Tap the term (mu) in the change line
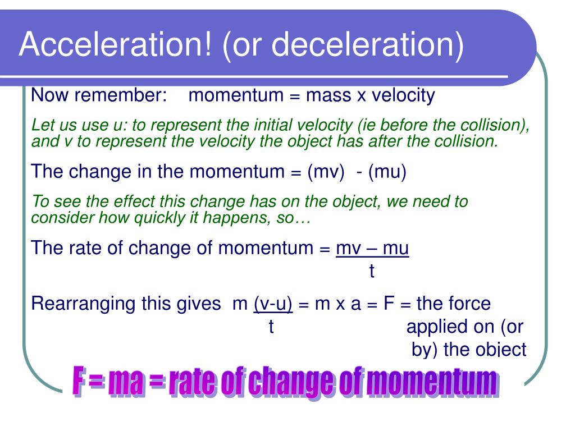[x=387, y=171]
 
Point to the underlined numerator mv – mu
[x=372, y=247]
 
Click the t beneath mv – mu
[x=371, y=272]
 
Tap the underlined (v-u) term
[x=273, y=304]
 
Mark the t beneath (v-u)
[x=271, y=327]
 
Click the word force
[x=469, y=304]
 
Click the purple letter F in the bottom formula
[x=79, y=382]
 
